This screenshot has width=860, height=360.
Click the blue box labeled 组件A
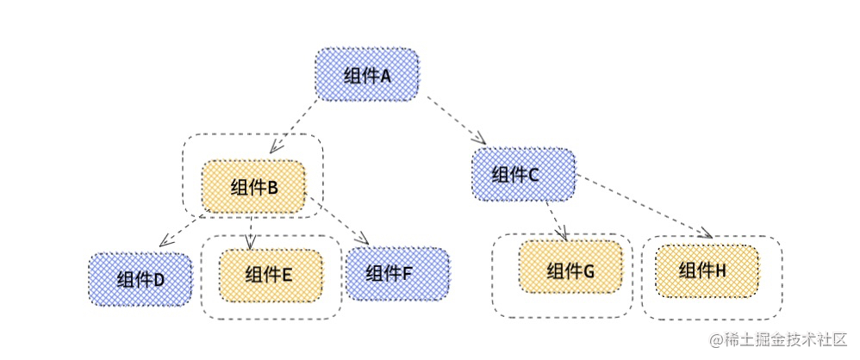point(367,74)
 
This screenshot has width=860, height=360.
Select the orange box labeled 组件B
point(253,187)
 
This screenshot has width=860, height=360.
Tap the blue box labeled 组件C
point(522,174)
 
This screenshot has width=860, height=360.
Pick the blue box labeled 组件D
point(140,279)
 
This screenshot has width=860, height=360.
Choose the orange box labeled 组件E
point(270,274)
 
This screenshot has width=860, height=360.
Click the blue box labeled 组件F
point(397,273)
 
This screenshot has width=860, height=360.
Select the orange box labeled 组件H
point(707,270)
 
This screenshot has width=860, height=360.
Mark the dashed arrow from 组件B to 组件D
point(183,230)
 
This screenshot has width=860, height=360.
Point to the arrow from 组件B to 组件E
point(249,231)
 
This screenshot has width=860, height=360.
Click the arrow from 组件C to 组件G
point(556,219)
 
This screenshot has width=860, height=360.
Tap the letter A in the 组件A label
point(385,76)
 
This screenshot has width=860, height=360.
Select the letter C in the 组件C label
point(533,175)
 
